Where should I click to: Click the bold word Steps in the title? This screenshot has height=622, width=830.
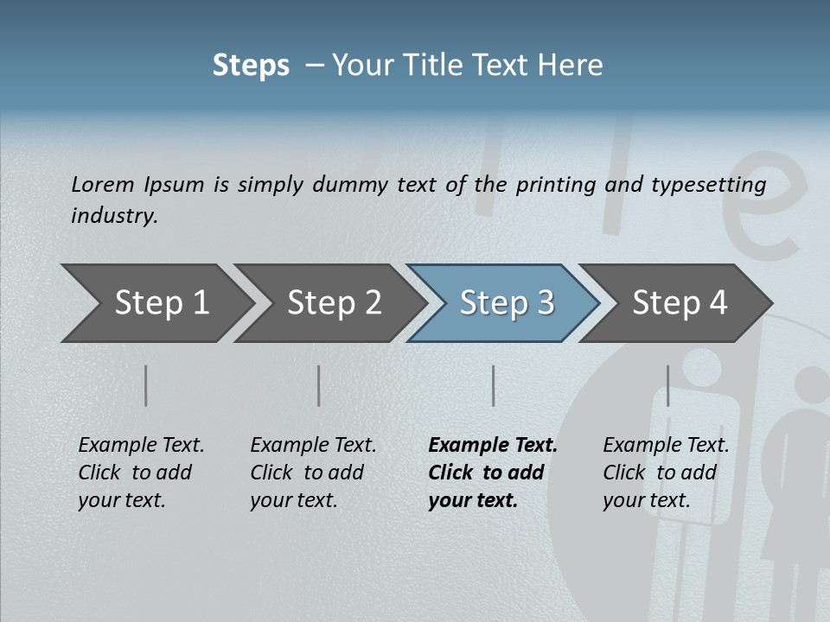click(x=251, y=66)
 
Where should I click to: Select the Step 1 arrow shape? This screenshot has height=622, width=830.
click(x=156, y=303)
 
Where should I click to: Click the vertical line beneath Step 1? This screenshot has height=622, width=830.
click(x=146, y=385)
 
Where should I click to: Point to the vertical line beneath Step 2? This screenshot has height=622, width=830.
click(x=319, y=385)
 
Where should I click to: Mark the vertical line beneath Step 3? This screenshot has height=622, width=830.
click(x=493, y=385)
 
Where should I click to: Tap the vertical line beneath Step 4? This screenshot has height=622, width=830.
click(x=667, y=385)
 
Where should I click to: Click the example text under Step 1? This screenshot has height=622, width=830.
click(x=141, y=473)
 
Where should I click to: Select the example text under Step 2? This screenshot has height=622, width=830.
click(x=313, y=473)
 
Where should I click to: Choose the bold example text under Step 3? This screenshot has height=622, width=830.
click(x=493, y=473)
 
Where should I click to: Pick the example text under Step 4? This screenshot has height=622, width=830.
click(x=666, y=473)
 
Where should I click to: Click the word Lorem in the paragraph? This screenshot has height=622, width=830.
click(x=103, y=184)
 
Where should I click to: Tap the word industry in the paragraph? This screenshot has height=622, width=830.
click(x=114, y=215)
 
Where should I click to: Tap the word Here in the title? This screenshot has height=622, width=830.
click(x=572, y=66)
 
